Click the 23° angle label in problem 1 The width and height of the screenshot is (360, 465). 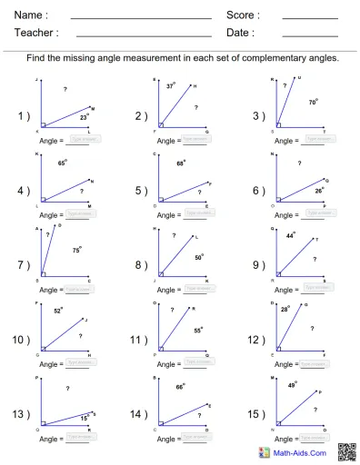84,117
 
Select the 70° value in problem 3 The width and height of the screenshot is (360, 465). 313,103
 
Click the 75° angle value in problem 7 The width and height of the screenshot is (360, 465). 77,248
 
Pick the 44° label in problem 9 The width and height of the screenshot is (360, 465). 290,235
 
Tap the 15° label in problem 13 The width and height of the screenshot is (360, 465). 85,418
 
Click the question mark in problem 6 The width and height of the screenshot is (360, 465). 300,163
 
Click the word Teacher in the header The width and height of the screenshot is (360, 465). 36,33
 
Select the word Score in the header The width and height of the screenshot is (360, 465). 243,15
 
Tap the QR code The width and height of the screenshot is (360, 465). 345,451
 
